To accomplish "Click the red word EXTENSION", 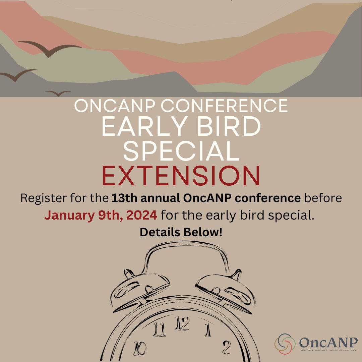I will pos(181,177).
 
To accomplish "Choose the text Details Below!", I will pos(181,232).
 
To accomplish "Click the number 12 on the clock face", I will pos(182,324).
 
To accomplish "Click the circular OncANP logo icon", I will pos(285,344).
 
